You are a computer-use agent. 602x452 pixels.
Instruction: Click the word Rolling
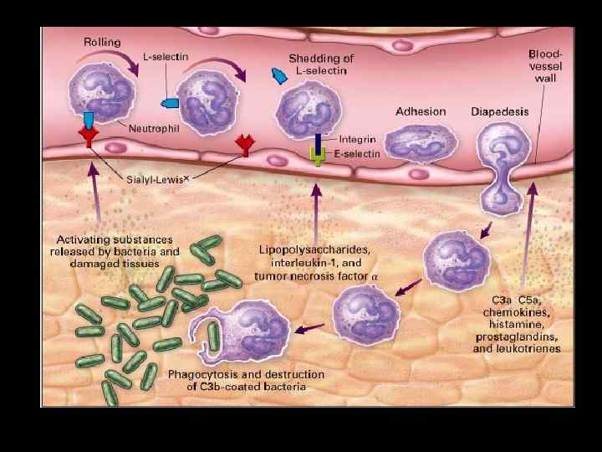coord(102,41)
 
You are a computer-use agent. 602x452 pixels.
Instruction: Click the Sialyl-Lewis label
coord(156,179)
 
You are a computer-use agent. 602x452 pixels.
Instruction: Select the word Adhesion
coord(421,111)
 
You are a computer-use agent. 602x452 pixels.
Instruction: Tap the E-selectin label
coord(358,154)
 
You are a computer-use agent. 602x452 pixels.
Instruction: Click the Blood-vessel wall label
coord(545,65)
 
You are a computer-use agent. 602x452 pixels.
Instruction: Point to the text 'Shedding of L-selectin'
coord(321,64)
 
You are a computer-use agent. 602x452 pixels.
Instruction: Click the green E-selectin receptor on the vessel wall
coord(319,155)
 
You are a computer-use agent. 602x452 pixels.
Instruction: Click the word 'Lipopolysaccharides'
coord(314,249)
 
